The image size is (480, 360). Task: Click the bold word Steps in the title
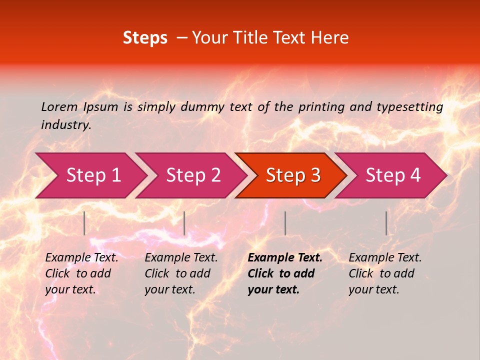(145, 38)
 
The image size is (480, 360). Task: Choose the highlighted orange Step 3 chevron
(293, 175)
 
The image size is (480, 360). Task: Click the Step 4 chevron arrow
(393, 175)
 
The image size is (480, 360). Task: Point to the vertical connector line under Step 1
(84, 223)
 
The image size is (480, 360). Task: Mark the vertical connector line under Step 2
(184, 223)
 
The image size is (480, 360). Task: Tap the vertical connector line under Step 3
(285, 223)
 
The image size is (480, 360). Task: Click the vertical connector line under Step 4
(386, 223)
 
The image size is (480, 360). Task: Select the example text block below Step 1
(81, 273)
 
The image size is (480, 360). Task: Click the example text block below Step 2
(181, 273)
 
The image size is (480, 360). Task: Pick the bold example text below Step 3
(285, 273)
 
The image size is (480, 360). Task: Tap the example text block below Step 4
(385, 273)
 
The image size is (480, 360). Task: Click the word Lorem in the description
(59, 106)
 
